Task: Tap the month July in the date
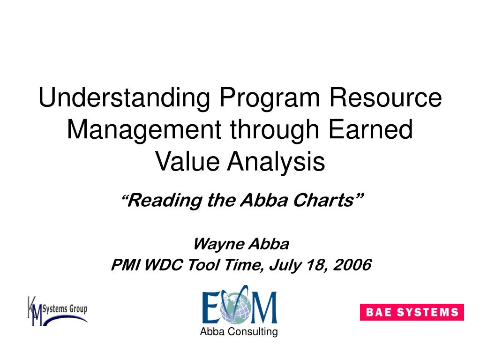(x=284, y=265)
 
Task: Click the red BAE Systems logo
(x=412, y=312)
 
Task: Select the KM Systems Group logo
(x=57, y=310)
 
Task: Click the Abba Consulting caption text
(x=239, y=332)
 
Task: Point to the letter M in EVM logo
(x=265, y=307)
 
